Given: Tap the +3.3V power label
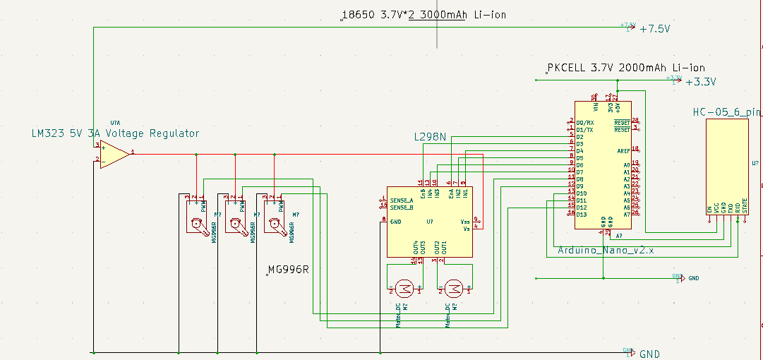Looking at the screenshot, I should point(700,82).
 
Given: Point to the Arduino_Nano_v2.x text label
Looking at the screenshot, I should point(606,250).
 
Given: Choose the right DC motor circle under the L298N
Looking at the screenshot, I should point(453,287).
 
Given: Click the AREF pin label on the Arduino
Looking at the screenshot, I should point(623,150).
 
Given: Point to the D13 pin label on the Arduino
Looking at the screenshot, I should point(581,214).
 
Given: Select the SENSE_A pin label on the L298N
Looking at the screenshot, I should point(401,200).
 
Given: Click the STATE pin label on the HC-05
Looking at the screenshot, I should point(745,205).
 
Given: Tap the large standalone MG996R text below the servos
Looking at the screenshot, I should point(289,270).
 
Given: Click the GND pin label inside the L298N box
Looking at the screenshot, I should point(397,221).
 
